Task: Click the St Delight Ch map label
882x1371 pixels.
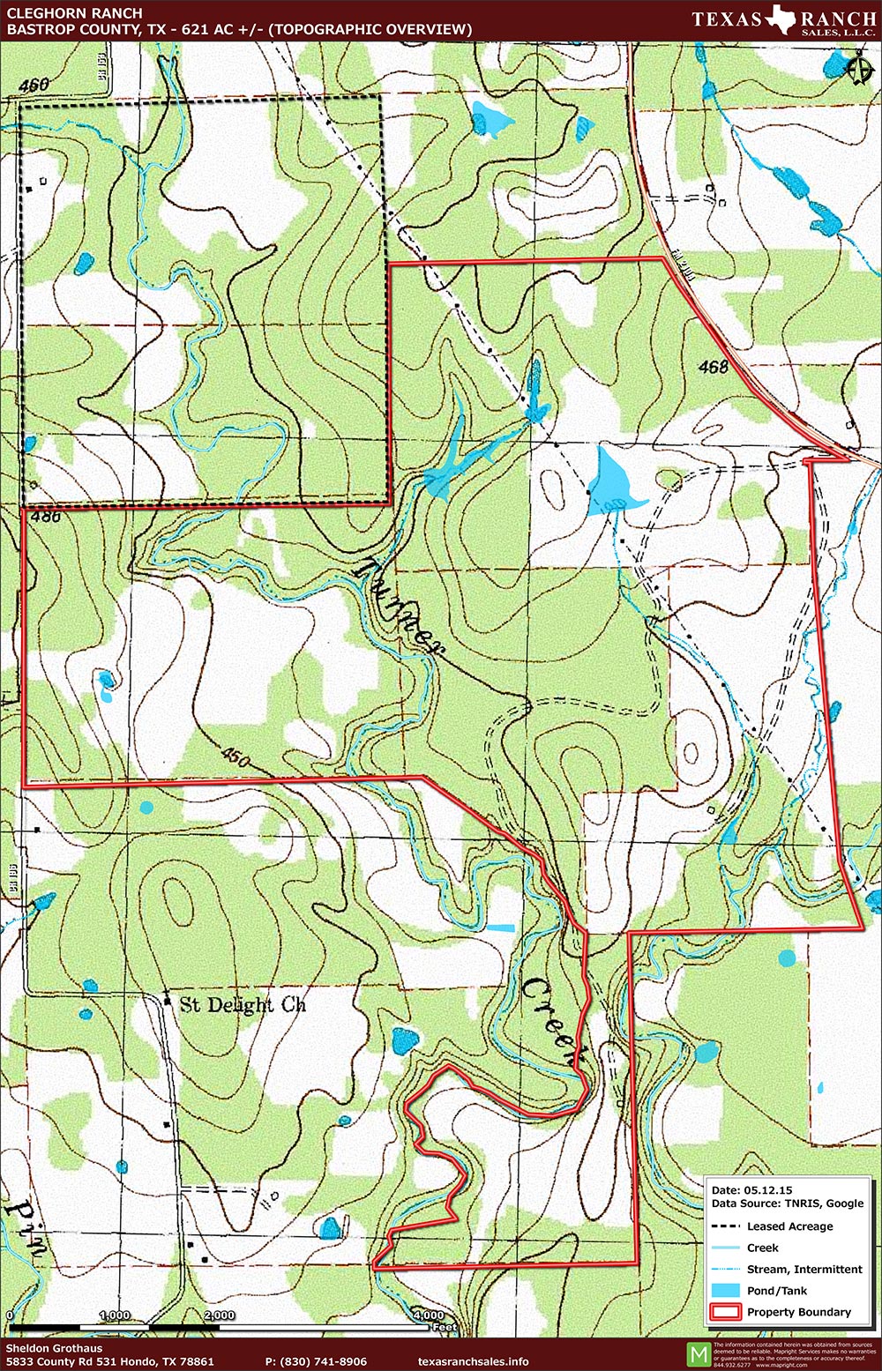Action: click(x=243, y=1004)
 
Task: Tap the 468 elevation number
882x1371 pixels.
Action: click(x=713, y=366)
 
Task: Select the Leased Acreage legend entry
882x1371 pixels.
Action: click(x=789, y=1226)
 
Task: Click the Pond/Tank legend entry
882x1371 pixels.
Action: click(x=776, y=1291)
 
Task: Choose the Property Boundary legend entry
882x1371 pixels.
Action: click(x=798, y=1312)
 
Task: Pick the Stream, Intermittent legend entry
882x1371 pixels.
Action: click(x=804, y=1270)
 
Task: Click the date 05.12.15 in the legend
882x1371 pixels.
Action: click(x=753, y=1189)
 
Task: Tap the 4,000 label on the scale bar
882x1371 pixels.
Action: click(x=429, y=1315)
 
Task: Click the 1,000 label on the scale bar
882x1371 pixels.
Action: click(x=115, y=1315)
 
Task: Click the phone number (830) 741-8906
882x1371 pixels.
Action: click(x=316, y=1361)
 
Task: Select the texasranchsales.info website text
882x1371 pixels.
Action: click(x=474, y=1361)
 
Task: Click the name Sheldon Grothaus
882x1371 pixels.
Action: click(x=54, y=1348)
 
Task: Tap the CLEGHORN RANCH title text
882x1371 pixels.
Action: click(x=74, y=13)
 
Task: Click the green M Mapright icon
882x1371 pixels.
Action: click(x=698, y=1353)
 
